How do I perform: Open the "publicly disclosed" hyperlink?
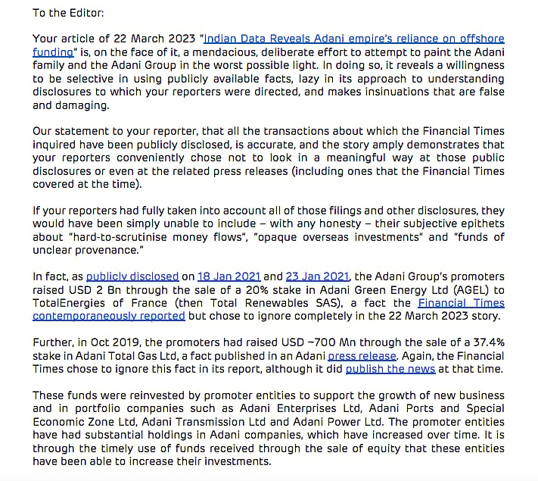click(x=132, y=276)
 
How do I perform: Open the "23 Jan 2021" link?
click(x=318, y=276)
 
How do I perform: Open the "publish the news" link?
click(x=390, y=368)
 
